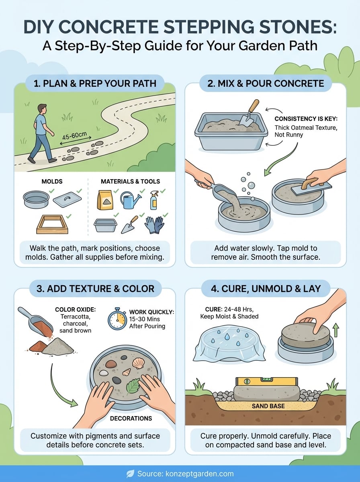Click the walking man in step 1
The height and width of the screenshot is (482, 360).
pyautogui.click(x=42, y=133)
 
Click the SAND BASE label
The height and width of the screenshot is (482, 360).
pyautogui.click(x=268, y=406)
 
